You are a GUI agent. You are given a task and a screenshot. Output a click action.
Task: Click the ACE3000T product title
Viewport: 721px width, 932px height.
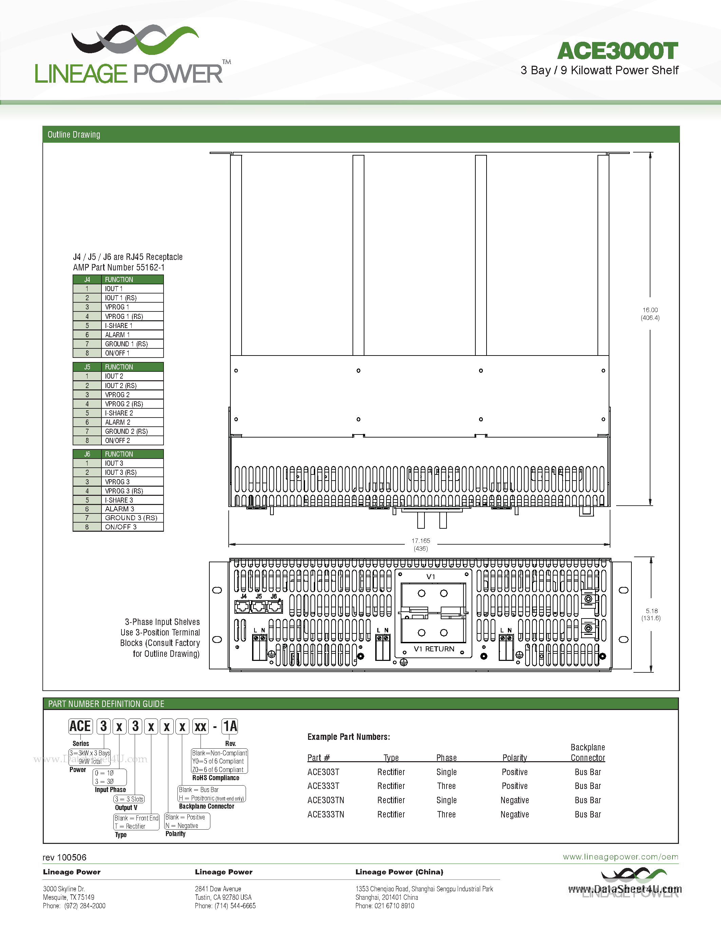point(617,51)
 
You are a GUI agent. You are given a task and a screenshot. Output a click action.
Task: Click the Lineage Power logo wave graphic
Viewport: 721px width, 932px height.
point(135,39)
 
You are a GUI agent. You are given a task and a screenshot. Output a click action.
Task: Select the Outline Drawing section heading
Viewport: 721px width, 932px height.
point(74,135)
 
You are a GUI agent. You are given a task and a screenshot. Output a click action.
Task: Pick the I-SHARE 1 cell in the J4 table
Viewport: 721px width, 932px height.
point(119,326)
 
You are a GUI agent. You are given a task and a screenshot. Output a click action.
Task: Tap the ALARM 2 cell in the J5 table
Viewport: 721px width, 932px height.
point(118,422)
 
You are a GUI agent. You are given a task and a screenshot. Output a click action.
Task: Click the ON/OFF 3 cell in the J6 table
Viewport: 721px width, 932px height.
point(121,527)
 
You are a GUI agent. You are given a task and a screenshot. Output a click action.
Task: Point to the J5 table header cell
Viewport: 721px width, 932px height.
point(87,367)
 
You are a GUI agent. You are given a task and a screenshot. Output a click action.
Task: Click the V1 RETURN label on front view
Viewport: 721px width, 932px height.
point(434,649)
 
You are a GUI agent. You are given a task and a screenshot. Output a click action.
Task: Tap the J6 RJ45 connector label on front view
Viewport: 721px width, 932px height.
point(274,596)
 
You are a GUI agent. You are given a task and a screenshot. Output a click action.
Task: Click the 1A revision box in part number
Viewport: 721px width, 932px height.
point(230,726)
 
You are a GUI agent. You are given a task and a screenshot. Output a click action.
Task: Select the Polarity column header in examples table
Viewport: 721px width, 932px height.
point(515,758)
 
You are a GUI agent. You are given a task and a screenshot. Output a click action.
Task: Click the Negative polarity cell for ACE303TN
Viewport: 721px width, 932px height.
point(515,800)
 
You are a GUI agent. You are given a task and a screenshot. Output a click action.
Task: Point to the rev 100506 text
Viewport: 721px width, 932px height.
point(64,857)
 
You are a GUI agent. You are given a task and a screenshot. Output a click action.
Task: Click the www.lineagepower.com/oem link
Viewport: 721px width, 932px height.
point(620,857)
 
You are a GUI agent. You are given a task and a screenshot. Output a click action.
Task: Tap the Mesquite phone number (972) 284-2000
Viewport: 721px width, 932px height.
point(84,906)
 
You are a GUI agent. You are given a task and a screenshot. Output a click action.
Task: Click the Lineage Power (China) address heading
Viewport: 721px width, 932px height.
point(399,872)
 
